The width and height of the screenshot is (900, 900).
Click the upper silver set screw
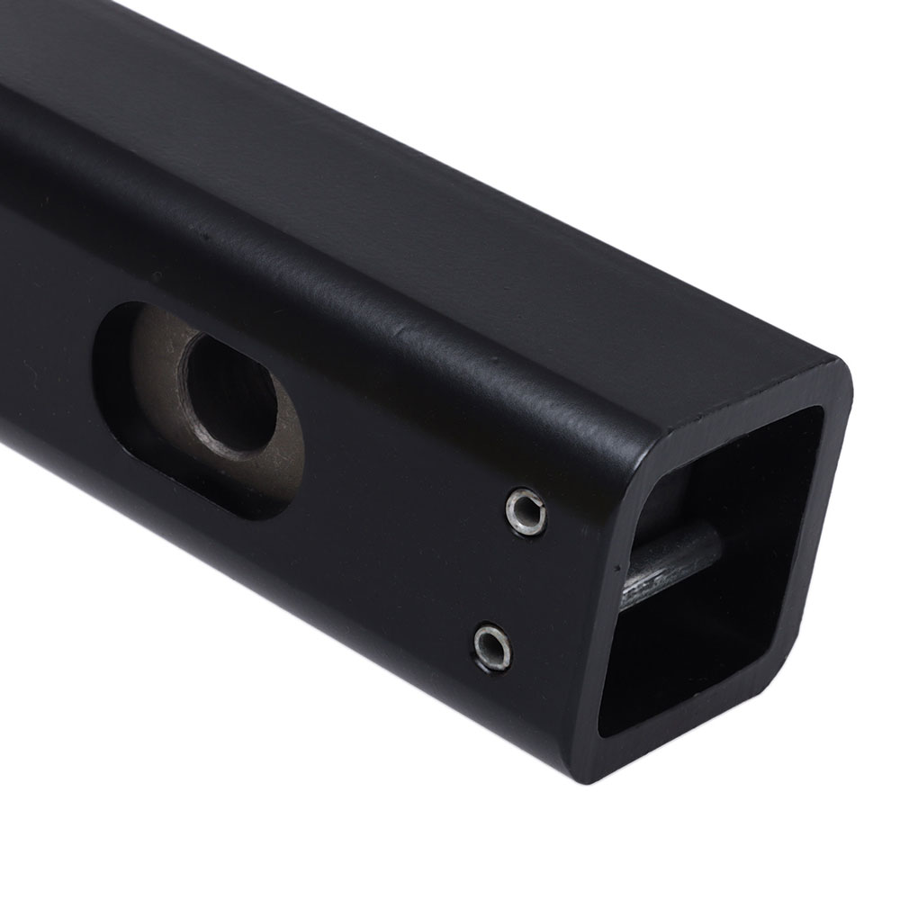pyautogui.click(x=525, y=509)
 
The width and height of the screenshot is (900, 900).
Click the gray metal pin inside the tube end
pyautogui.click(x=675, y=562)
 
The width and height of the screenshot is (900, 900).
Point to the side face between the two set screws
pyautogui.click(x=508, y=576)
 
